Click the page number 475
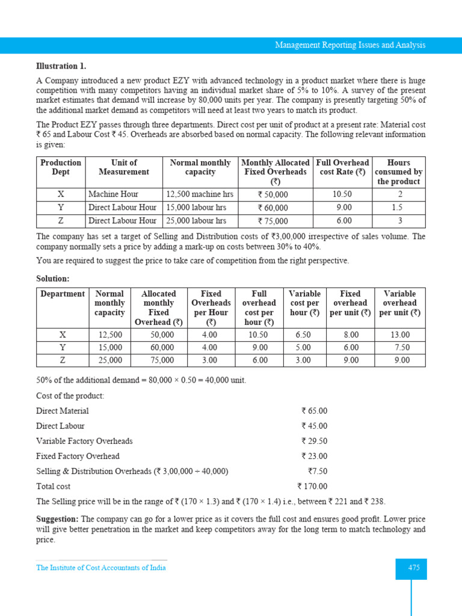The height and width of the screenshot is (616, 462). point(413,568)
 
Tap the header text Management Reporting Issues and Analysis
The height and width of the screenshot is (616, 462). point(350,45)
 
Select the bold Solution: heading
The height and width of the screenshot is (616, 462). point(52,279)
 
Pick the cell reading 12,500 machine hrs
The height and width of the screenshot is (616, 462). point(199,194)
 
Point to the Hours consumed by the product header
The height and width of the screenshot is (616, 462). point(398,172)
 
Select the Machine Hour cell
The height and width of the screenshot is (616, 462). point(113,194)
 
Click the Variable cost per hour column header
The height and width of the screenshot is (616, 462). point(304,303)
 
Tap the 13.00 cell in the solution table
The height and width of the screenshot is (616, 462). point(400,334)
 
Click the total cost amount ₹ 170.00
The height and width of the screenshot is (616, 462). point(312,487)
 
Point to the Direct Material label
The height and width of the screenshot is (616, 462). point(63,411)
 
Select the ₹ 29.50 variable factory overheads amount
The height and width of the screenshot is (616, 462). point(314,441)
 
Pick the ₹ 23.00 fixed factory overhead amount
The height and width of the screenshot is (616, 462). point(314,456)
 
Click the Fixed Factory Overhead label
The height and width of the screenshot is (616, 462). point(78,456)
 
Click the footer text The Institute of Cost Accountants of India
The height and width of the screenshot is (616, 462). point(101,567)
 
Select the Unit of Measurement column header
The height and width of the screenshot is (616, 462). point(124,167)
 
